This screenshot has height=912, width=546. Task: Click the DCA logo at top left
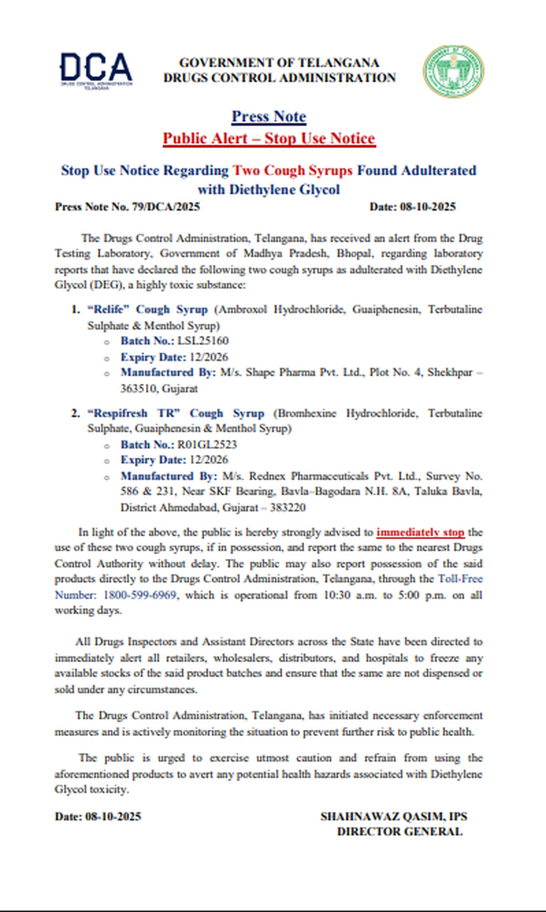point(96,70)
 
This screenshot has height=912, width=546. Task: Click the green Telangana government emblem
point(453,71)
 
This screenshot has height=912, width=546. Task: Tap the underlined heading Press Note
point(269,116)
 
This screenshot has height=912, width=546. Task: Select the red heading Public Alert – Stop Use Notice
point(269,138)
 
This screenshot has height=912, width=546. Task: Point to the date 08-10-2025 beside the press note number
point(428,207)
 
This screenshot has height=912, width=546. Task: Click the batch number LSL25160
point(203,341)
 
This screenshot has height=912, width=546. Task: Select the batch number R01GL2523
point(207,445)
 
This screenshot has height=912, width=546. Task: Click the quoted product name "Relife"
point(108,310)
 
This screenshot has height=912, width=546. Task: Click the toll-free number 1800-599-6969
point(140,595)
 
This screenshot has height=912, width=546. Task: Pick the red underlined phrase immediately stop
point(420,532)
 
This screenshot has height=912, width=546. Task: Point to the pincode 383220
point(288,508)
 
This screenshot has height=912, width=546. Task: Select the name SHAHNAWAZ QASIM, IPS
point(394,817)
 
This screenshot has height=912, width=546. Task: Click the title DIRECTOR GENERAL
point(399,832)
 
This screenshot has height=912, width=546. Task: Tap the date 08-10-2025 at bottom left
point(112,817)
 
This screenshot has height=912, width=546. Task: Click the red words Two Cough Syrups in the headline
point(293,170)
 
